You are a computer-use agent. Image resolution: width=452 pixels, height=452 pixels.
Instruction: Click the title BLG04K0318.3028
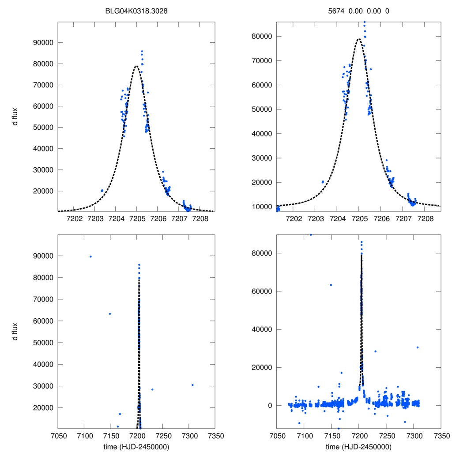point(136,11)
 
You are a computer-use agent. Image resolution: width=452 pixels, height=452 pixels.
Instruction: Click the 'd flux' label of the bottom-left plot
point(15,331)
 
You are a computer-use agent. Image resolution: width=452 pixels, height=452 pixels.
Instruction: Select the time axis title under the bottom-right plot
point(358,447)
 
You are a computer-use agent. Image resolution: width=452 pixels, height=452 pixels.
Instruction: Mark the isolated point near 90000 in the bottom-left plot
point(90,256)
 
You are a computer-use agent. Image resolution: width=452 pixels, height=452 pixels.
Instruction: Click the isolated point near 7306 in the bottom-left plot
point(192,385)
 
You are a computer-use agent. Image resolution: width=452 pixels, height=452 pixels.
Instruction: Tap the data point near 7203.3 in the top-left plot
point(102,191)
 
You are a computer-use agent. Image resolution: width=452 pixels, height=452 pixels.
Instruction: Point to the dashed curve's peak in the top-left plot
point(136,66)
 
